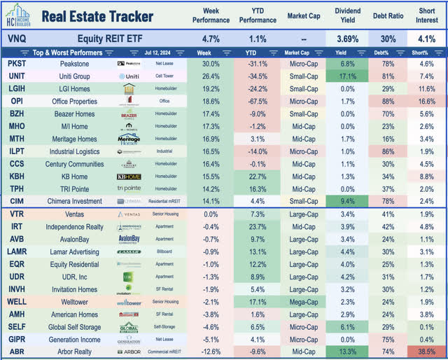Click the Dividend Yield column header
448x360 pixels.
(x=346, y=16)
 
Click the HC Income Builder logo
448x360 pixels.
(x=20, y=16)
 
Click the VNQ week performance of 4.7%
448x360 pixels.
(x=211, y=39)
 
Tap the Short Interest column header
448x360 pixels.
(x=426, y=16)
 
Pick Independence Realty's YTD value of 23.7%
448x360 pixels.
(x=259, y=226)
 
